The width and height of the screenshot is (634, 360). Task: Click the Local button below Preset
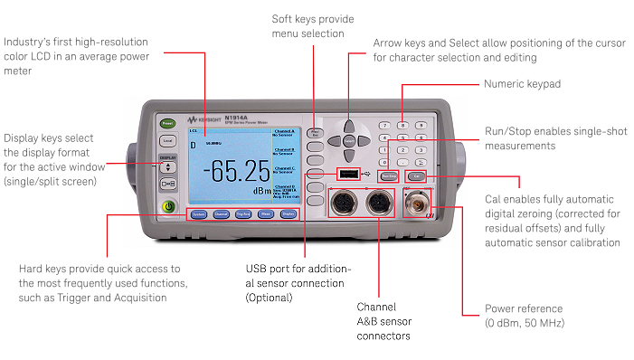(167, 140)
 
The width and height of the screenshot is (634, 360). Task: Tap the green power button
(168, 206)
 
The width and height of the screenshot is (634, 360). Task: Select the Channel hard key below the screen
(220, 214)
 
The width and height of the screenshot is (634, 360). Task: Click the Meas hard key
(265, 214)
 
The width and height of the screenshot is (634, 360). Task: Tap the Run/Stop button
(388, 175)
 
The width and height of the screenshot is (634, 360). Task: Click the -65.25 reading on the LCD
(235, 170)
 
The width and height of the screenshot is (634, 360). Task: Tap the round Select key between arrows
(349, 140)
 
